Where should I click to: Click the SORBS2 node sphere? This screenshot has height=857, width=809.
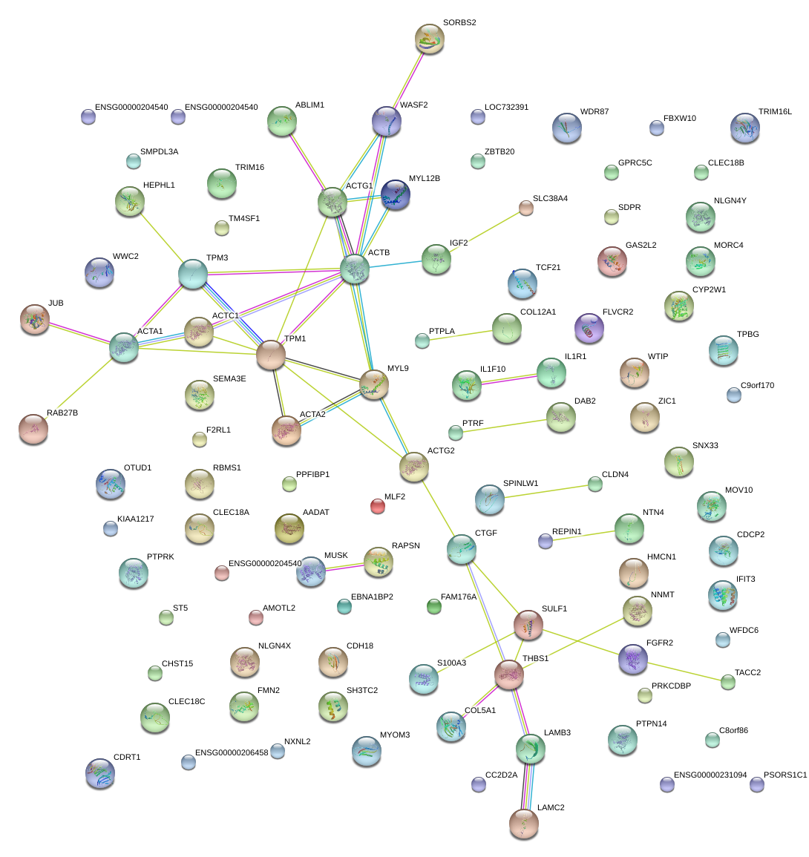coord(430,39)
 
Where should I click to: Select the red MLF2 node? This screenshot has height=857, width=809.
coord(378,507)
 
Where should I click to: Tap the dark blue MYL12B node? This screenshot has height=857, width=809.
coord(395,195)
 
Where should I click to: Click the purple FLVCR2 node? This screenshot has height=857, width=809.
coord(589,329)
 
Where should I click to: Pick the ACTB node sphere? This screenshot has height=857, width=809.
coord(355,269)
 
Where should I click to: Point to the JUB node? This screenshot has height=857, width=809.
coord(35,319)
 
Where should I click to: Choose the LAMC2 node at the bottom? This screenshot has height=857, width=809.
coord(524,824)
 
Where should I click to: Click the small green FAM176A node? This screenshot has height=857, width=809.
coord(434,607)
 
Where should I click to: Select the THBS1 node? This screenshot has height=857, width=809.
coord(509,674)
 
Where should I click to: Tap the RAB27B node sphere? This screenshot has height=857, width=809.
coord(33,429)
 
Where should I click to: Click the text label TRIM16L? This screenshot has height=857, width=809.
coord(775,111)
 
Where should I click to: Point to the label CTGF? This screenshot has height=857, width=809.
coord(486,533)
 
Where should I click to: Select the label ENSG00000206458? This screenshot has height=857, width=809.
coord(232,752)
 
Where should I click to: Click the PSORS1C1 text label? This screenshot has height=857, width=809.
coord(785,775)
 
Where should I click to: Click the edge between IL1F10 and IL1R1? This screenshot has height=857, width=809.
coord(509,378)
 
